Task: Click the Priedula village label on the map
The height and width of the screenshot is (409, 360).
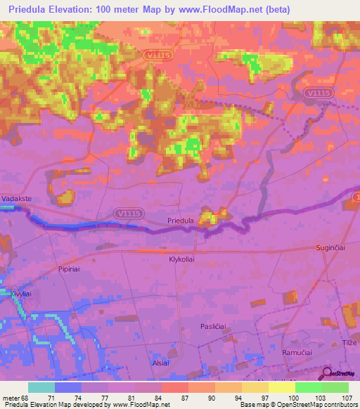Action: (181, 221)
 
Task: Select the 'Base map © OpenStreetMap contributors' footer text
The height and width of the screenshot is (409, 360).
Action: (299, 405)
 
